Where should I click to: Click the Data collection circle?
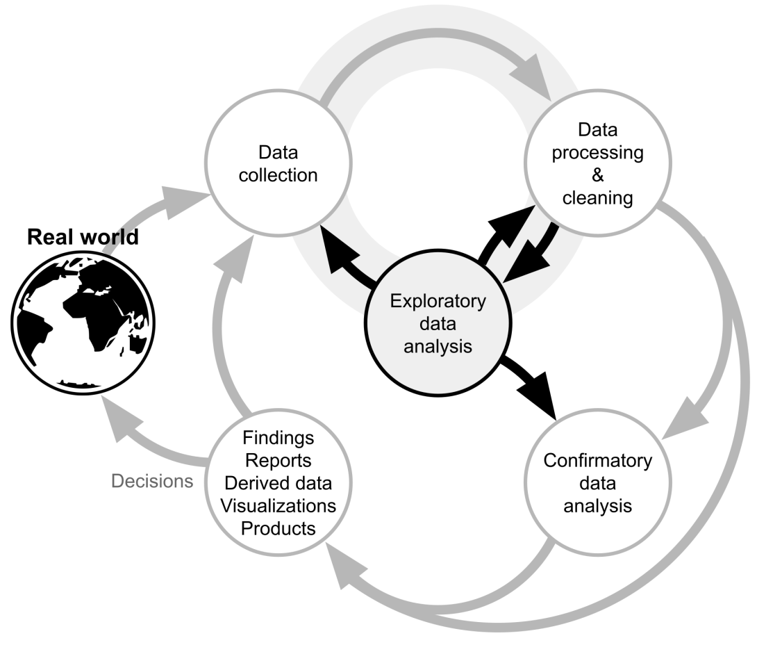277,164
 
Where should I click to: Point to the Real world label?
83,237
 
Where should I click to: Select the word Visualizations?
278,505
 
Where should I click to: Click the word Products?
278,528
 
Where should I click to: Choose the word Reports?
278,460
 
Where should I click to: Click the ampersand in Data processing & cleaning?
598,175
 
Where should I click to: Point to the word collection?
278,174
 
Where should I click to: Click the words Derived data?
278,483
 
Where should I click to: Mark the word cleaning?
598,198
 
